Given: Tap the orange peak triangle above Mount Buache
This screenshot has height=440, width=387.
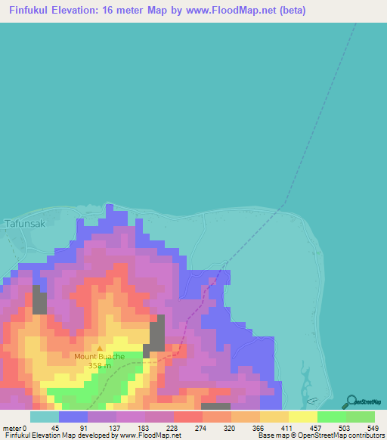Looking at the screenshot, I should pyautogui.click(x=99, y=348).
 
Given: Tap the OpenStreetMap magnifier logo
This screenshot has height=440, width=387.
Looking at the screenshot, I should pyautogui.click(x=351, y=401).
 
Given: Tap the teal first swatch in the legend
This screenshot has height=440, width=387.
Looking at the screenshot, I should pyautogui.click(x=44, y=417).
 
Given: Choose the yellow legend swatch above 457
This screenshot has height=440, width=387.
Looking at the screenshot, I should pyautogui.click(x=302, y=417).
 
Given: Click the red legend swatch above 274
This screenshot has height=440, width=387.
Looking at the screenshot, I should pyautogui.click(x=187, y=417).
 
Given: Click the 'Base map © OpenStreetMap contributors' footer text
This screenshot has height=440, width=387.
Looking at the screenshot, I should pyautogui.click(x=320, y=435).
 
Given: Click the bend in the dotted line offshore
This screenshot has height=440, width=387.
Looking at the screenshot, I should pyautogui.click(x=283, y=204).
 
